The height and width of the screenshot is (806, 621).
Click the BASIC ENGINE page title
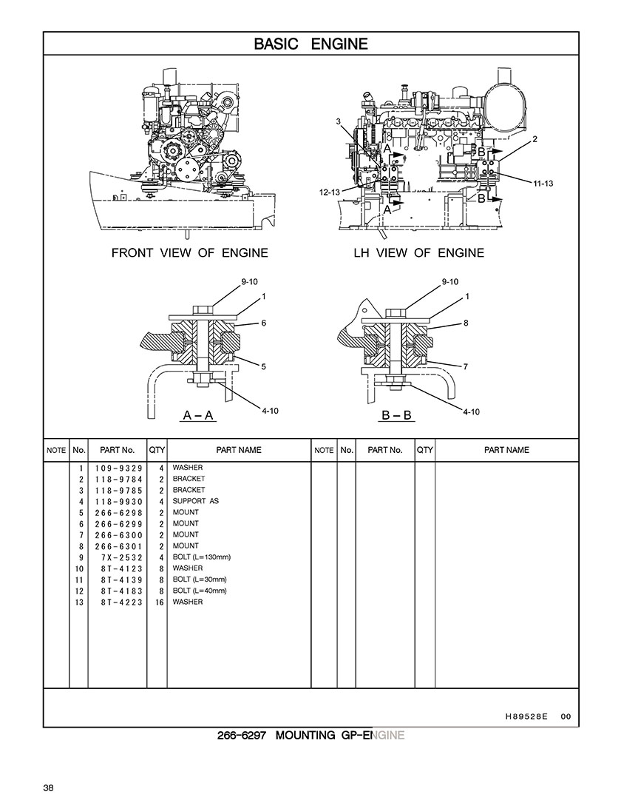310,44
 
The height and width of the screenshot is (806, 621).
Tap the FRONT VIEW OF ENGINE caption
189,253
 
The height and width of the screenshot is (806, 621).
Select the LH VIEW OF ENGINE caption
418,253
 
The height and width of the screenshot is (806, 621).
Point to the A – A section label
197,415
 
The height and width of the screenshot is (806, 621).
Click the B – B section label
396,415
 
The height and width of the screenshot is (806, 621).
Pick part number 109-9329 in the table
118,469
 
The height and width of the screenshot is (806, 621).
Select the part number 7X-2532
122,558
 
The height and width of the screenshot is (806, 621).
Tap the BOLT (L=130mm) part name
201,557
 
